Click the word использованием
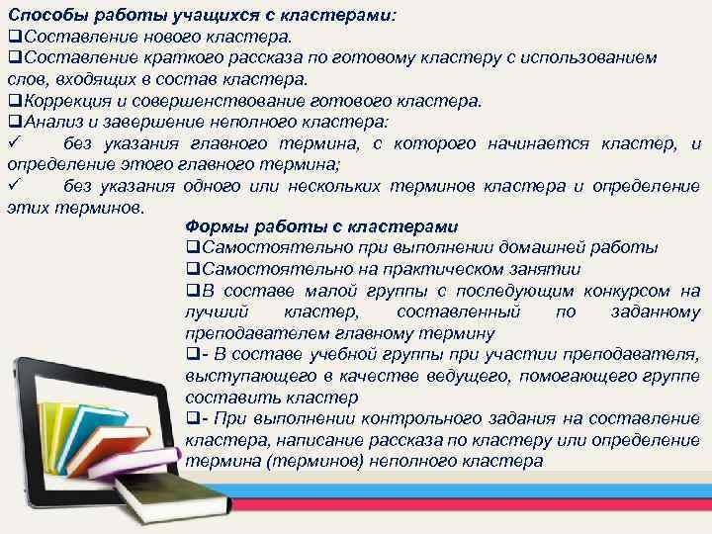(x=598, y=57)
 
